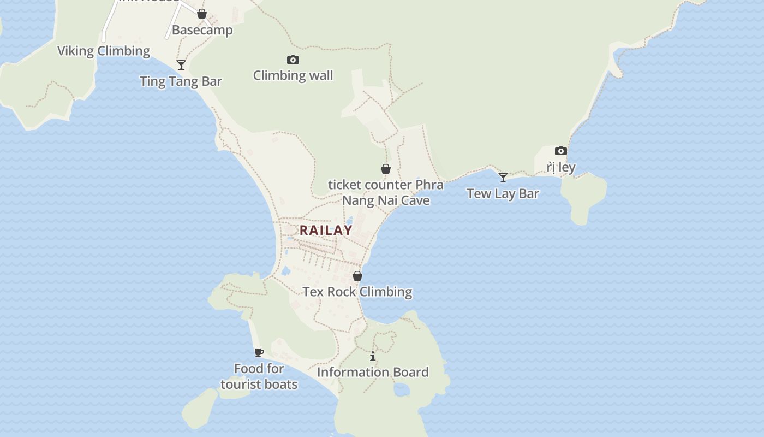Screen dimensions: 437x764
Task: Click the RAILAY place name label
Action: coord(326,230)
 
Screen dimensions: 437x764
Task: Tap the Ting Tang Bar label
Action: coord(181,81)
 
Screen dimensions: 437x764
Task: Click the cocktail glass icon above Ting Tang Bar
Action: coord(181,65)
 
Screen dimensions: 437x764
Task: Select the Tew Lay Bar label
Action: coord(503,193)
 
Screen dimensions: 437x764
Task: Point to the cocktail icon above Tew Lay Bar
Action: coord(503,178)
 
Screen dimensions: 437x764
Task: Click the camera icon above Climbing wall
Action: coord(293,60)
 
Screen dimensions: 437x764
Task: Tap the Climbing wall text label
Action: coord(293,75)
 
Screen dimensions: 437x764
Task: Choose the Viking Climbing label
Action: coord(104,51)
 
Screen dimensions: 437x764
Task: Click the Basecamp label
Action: coord(202,30)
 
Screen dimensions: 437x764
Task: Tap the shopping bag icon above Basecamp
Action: coord(202,14)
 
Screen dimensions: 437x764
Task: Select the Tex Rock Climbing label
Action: coord(357,292)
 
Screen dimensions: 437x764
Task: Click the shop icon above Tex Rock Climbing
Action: coord(357,276)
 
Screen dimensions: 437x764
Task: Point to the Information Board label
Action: coord(373,372)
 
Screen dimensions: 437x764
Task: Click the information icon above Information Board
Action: coord(373,357)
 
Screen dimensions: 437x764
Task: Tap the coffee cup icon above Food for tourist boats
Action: coord(259,352)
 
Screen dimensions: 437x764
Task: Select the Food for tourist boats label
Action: coord(259,376)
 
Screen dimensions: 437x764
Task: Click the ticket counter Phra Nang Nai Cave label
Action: coord(386,192)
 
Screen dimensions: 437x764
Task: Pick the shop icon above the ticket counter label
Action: coord(386,169)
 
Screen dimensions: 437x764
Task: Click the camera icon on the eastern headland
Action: coord(560,151)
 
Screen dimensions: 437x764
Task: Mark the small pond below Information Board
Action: coord(402,389)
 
